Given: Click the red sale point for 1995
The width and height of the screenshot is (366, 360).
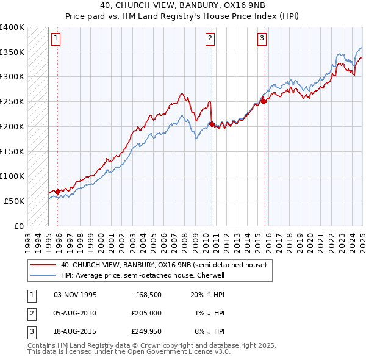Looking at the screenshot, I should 58,192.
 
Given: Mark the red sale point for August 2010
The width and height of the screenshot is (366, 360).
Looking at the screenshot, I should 212,124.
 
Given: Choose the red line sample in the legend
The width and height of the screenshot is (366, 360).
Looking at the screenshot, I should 43,265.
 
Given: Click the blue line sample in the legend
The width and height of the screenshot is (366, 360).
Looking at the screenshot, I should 43,275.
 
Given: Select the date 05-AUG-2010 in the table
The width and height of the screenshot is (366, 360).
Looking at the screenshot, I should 75,313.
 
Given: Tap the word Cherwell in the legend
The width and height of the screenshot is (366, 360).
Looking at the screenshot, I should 210,275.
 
